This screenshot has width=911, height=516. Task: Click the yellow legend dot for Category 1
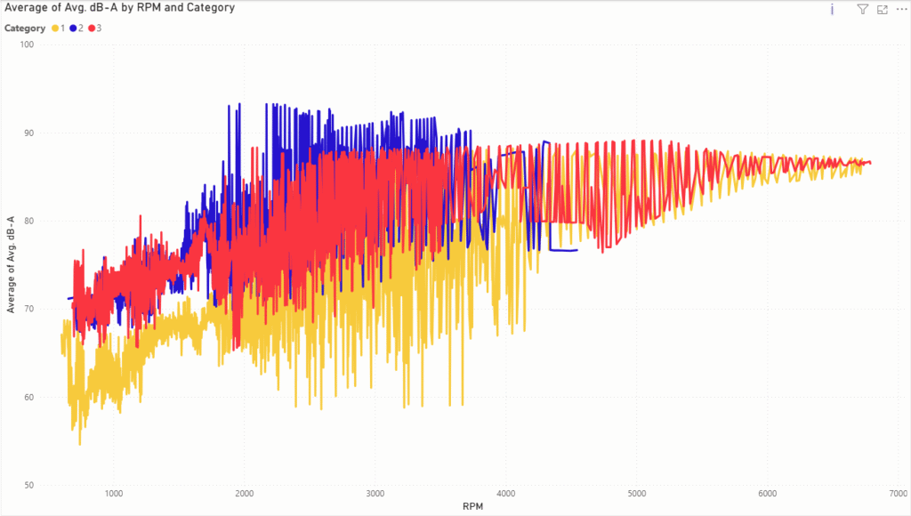tap(55, 28)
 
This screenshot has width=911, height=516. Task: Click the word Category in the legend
tap(25, 28)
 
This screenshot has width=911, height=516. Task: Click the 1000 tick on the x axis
tap(113, 495)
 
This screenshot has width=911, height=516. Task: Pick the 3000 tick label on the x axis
tap(375, 495)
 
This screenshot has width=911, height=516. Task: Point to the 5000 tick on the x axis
tap(637, 495)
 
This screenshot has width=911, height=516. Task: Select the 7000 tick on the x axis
tap(898, 495)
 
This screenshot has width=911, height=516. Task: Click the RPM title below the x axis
tap(473, 507)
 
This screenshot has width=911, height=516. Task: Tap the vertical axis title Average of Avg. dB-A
tap(11, 264)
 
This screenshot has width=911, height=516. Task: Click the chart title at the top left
tap(119, 8)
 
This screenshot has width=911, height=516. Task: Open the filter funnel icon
tap(862, 9)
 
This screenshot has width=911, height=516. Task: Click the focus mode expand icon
tap(883, 9)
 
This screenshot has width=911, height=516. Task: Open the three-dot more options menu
tap(901, 9)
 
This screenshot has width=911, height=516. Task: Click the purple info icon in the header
tap(832, 9)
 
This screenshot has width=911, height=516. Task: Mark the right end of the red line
tap(870, 163)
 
